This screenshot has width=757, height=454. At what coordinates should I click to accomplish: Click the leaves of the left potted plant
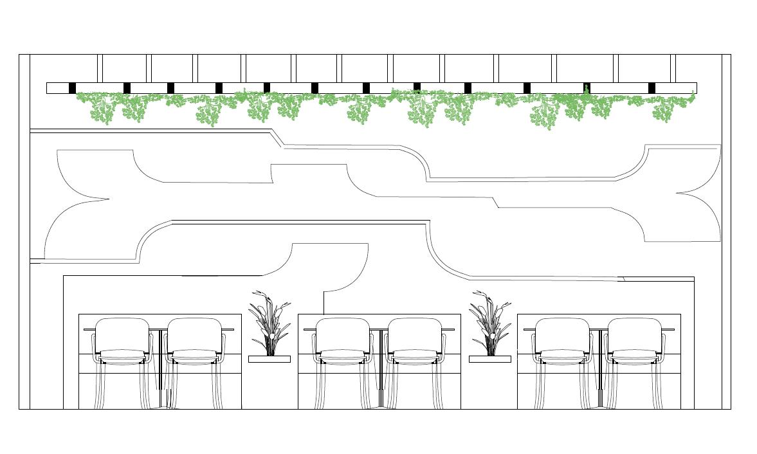tap(269, 318)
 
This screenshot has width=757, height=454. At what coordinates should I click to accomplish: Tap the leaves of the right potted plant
tap(489, 318)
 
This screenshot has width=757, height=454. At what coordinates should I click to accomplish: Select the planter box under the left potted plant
tap(269, 359)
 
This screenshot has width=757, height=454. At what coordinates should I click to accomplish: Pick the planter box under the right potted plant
tap(489, 359)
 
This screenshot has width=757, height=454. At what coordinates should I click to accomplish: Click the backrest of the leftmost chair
tap(122, 334)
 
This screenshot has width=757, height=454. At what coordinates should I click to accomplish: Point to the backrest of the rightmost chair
tap(634, 334)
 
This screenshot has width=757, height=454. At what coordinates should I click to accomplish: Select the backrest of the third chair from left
tap(343, 334)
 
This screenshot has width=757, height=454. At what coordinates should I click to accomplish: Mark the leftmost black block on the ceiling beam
tap(72, 87)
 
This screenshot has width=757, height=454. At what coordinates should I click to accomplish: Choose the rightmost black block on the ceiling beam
tap(652, 87)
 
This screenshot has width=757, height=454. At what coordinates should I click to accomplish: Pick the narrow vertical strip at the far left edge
tap(24, 232)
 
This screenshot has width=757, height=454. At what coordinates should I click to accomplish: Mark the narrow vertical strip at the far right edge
tap(726, 232)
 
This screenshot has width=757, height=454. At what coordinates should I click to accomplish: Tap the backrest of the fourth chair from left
tap(415, 334)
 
